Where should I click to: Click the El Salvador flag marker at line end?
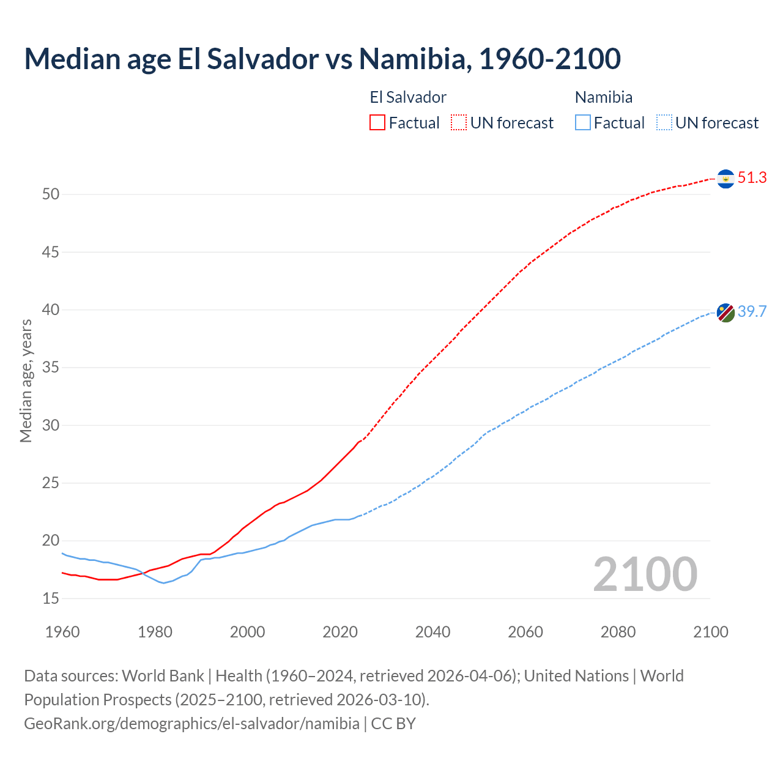[x=725, y=179]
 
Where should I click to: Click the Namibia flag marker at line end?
[x=725, y=313]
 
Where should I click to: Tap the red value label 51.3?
[x=752, y=178]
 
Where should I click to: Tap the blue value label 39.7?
[x=752, y=311]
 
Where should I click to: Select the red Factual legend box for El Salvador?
[x=377, y=123]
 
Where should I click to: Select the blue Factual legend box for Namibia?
[x=583, y=123]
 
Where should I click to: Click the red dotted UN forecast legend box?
[x=459, y=123]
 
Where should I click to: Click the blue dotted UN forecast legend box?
[x=664, y=123]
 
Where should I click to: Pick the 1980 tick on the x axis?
[x=155, y=632]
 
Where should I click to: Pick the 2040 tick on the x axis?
[x=432, y=632]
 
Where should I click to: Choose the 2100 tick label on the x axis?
[x=710, y=632]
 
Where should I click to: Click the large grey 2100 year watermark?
[x=645, y=574]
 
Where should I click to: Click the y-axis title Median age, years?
[x=26, y=380]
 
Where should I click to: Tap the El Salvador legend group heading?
[x=408, y=97]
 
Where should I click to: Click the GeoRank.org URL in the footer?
[x=191, y=724]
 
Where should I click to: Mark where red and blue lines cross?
[x=143, y=573]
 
